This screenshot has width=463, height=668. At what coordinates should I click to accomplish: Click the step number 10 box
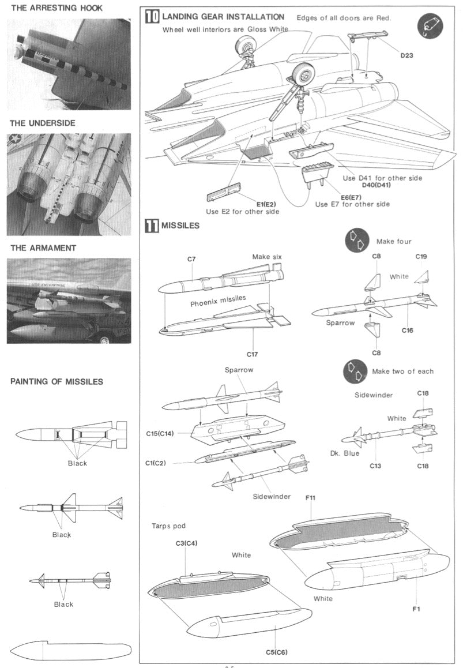point(152,17)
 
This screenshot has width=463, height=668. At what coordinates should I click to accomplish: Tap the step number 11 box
point(152,226)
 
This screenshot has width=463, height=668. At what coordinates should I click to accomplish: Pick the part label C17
point(252,353)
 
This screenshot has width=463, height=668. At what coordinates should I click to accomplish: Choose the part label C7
point(191,259)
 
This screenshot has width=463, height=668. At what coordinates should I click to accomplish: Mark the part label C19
point(422,256)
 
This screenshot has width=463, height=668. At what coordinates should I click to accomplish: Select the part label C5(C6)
point(277,652)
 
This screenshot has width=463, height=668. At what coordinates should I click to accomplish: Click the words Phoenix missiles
point(218,303)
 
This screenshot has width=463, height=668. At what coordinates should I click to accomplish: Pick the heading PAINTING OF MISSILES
point(57,381)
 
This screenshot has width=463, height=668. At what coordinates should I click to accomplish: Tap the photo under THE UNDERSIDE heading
point(69,184)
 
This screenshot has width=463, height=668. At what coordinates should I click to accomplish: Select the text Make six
point(267,256)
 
